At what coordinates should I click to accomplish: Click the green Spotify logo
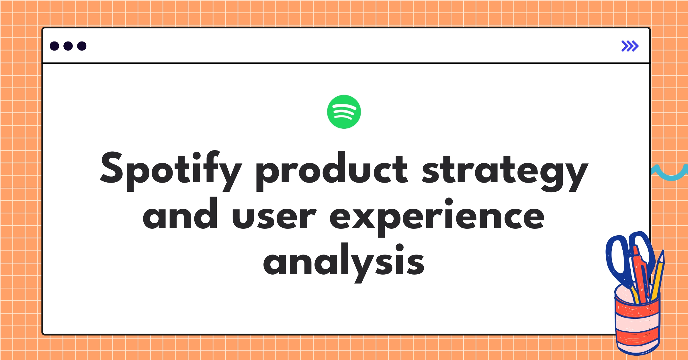344,112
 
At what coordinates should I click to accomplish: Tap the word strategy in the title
505,172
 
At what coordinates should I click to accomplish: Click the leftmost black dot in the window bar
54,46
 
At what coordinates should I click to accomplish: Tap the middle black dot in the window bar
68,46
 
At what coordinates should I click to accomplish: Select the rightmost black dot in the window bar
82,46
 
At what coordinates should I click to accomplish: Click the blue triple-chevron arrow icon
630,46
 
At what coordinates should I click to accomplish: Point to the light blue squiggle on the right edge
671,173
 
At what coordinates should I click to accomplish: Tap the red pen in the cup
641,275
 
